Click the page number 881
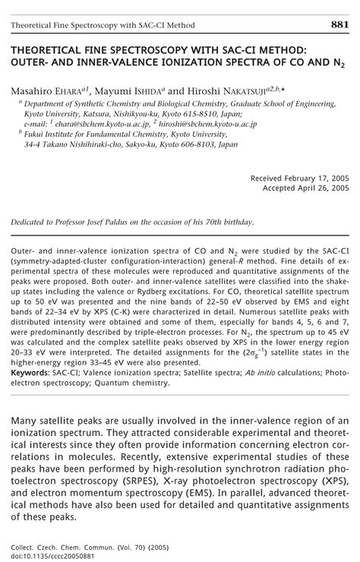tap(339, 26)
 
